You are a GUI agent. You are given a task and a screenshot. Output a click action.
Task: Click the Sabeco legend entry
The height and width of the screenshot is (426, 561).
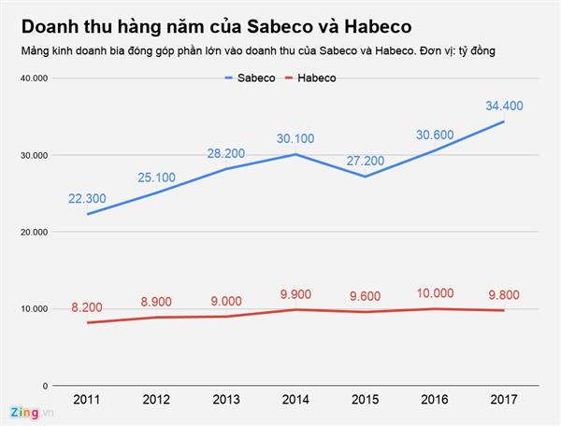(x=250, y=78)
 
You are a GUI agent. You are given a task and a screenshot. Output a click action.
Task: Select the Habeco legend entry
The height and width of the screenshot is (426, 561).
(x=309, y=78)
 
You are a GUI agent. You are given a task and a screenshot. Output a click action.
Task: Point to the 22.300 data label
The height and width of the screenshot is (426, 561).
(x=86, y=198)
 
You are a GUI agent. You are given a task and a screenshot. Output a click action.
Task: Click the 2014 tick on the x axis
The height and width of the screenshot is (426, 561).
(x=295, y=400)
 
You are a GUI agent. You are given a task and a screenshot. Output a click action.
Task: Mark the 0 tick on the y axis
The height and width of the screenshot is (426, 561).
(x=44, y=385)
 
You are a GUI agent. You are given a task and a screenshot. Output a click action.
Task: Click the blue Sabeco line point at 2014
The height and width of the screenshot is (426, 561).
(x=295, y=154)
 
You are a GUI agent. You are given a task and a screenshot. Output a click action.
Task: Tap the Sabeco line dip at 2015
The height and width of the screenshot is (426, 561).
(x=365, y=177)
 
